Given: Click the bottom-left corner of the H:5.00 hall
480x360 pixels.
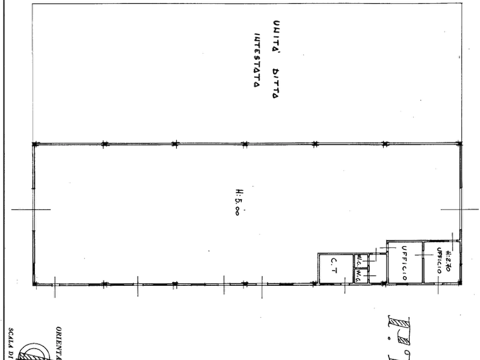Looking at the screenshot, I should coord(36,282).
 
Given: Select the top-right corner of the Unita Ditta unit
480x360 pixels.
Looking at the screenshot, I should coord(461,4).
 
